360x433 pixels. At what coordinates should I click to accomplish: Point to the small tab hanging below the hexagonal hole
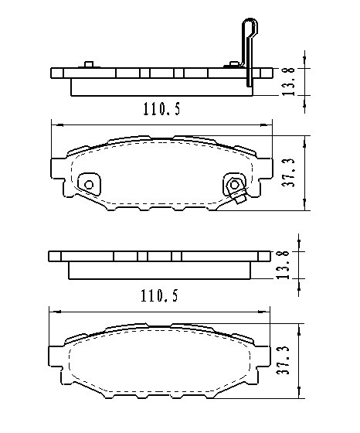[x=240, y=199]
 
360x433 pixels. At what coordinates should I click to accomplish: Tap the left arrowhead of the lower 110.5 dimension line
[x=53, y=310]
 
